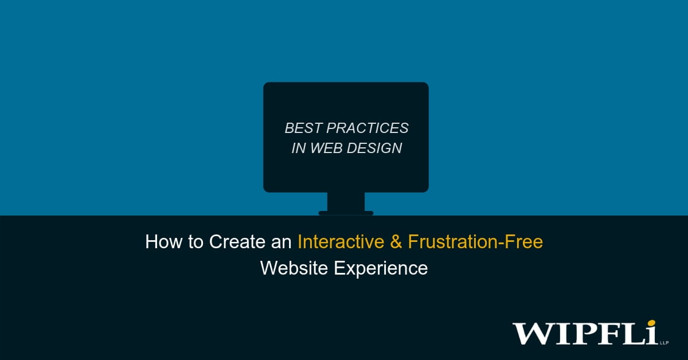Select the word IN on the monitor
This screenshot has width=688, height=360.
coord(298,148)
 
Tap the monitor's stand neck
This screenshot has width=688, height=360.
coord(346,201)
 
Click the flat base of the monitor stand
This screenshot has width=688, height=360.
coord(346,213)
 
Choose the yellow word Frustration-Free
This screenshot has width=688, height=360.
coord(475,242)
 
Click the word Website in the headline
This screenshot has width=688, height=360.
coord(291,268)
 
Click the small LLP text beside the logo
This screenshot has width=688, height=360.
coord(664,342)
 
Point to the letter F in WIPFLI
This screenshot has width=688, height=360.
coord(608,334)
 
